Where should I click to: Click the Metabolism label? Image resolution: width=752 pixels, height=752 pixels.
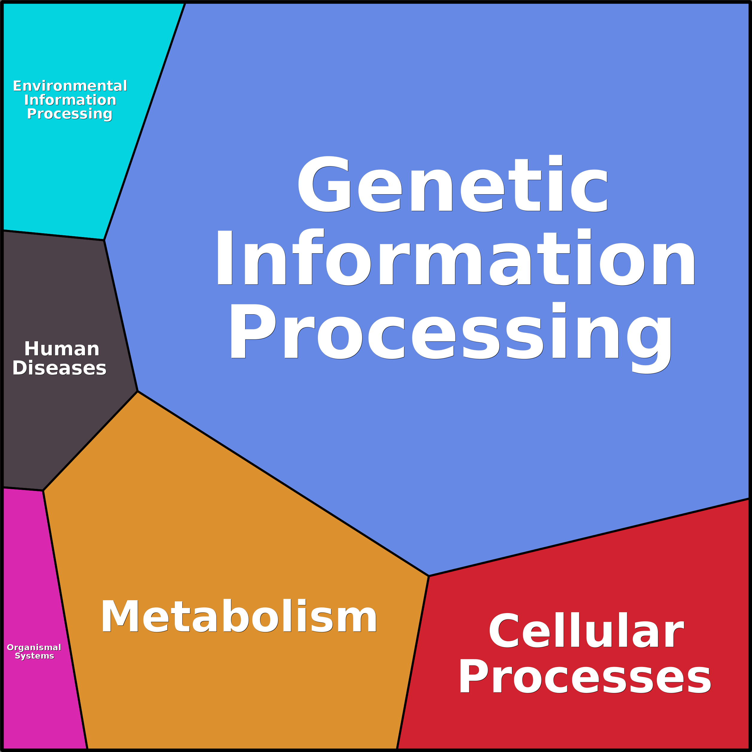[239, 617]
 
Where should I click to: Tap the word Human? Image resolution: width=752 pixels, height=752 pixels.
[61, 349]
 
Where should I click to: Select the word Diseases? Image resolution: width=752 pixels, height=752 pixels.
[59, 368]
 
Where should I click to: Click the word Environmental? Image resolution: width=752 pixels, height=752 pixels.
[70, 86]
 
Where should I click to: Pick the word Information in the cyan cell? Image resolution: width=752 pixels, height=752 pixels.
[70, 100]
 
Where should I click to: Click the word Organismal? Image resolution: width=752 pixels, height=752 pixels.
[34, 647]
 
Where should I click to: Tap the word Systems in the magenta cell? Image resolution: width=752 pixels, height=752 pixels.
[34, 656]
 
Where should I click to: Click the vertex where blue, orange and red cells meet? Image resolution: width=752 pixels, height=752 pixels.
[429, 576]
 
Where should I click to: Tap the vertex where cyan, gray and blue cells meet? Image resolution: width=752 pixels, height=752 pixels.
[104, 240]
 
